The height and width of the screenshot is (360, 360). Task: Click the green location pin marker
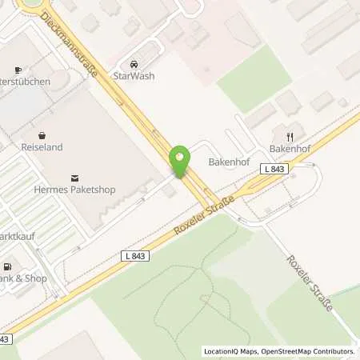point(181,161)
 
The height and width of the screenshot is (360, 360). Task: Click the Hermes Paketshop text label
point(75,190)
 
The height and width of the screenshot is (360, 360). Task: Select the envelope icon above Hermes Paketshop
point(75,177)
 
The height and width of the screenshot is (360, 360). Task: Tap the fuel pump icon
point(7,266)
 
